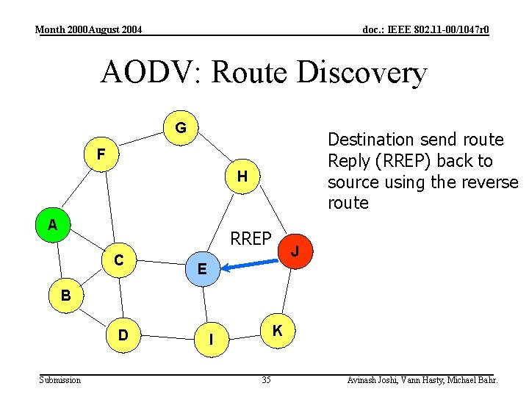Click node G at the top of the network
pos(180,129)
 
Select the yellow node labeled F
pos(101,154)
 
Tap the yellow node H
pos(242,176)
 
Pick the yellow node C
pos(118,260)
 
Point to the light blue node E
pos(202,270)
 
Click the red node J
pos(294,251)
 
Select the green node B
pos(66,296)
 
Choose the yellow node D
pos(123,335)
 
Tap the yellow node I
pos(212,340)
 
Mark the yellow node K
pos(277,331)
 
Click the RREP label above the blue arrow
pos(251,238)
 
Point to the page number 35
pos(266,380)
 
